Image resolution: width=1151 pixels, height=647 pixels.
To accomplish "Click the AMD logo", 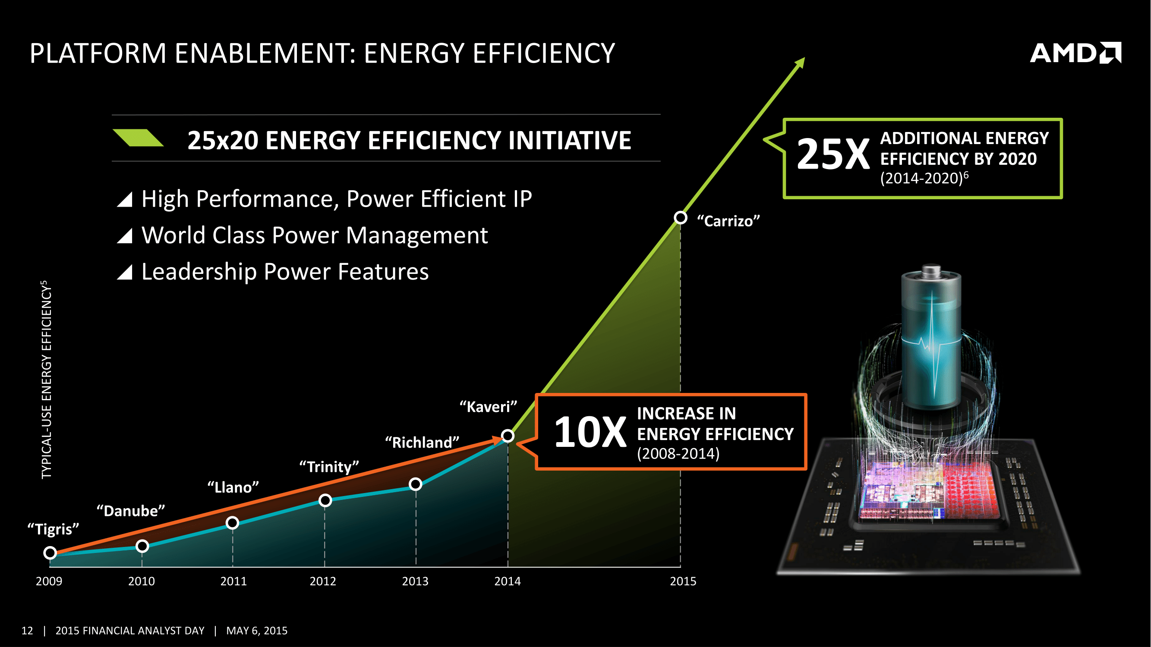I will tap(1075, 53).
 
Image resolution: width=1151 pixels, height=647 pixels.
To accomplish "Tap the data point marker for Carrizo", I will tap(680, 217).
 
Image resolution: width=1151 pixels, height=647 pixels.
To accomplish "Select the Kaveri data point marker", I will tap(507, 435).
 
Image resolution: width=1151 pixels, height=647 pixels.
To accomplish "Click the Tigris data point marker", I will tap(50, 553).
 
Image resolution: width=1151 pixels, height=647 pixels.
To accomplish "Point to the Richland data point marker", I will tap(416, 484).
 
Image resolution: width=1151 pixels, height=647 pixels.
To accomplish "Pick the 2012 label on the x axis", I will tap(323, 581).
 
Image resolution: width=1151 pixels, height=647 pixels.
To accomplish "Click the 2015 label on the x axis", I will tap(683, 581).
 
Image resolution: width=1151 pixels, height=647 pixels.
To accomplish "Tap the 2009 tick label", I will tap(49, 581).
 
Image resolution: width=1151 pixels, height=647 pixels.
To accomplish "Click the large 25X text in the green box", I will tap(833, 154).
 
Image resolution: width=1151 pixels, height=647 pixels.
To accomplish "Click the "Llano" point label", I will tap(233, 487).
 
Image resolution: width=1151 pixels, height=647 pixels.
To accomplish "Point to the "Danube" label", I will tap(130, 511).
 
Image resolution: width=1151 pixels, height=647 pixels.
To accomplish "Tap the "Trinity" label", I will tap(329, 467).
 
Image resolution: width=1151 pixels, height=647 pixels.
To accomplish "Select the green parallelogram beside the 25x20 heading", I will tap(138, 138).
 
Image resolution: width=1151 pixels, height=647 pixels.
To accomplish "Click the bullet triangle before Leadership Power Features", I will tap(125, 272).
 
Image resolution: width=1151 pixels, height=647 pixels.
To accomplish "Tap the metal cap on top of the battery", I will tap(931, 270).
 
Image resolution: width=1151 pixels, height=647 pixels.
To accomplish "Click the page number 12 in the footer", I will tap(27, 631).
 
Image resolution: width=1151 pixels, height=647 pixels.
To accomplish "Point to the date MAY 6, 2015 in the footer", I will tap(256, 631).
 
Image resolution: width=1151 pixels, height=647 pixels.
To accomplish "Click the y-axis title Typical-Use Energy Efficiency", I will tap(47, 380).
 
